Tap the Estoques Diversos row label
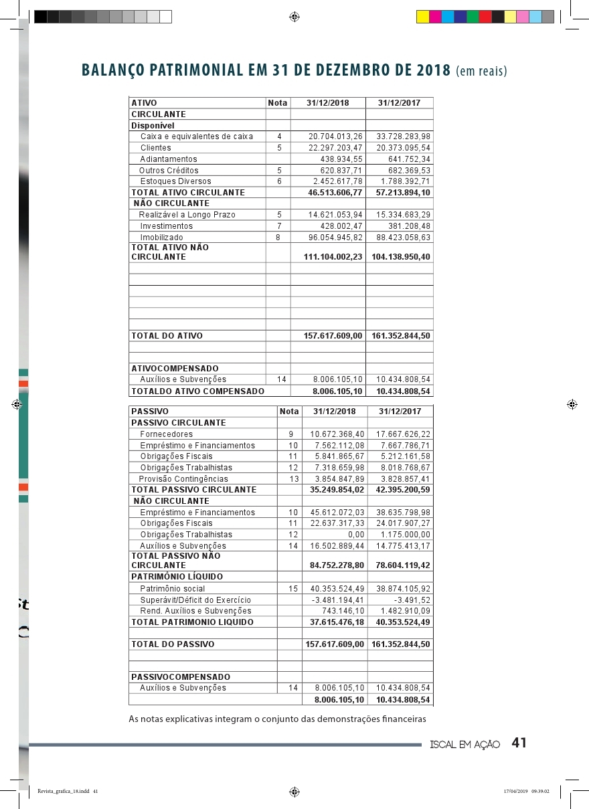click(x=175, y=181)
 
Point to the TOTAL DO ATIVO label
click(x=167, y=336)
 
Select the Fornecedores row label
click(x=167, y=434)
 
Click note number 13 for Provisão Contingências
click(x=292, y=479)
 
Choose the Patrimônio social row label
click(x=173, y=589)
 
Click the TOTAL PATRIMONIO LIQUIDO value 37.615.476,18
click(x=337, y=622)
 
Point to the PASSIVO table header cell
click(x=150, y=412)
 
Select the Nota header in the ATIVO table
click(x=277, y=103)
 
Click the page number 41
click(x=519, y=743)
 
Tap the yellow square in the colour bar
click(x=422, y=17)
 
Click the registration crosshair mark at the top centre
click(x=294, y=17)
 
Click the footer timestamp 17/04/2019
click(x=516, y=791)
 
